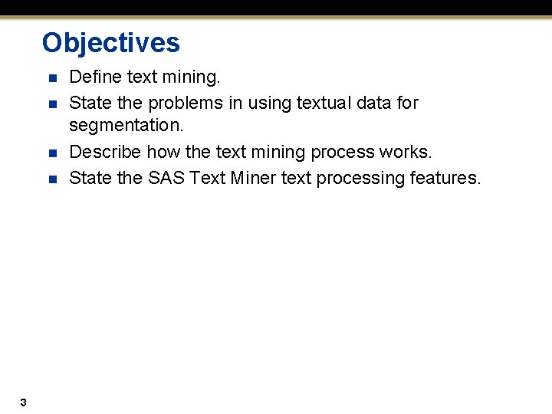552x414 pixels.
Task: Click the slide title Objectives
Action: (x=111, y=43)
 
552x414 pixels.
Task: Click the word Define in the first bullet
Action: (x=93, y=77)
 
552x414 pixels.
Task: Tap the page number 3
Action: (x=24, y=402)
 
